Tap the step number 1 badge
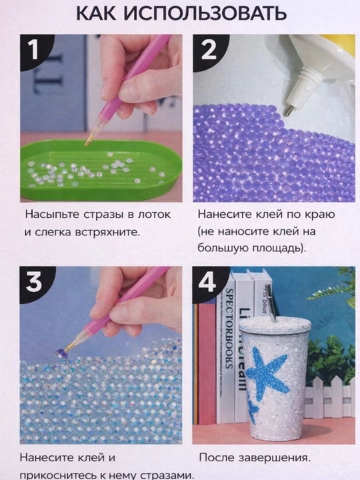coord(34,51)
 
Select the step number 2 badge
coord(209,51)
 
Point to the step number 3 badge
coord(34,283)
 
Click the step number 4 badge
coord(208,283)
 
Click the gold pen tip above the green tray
coord(89,140)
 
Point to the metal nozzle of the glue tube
coord(288,110)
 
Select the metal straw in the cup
coord(271,303)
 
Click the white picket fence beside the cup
coord(329,398)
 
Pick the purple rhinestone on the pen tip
coord(60,352)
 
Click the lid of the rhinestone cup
coord(275,325)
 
